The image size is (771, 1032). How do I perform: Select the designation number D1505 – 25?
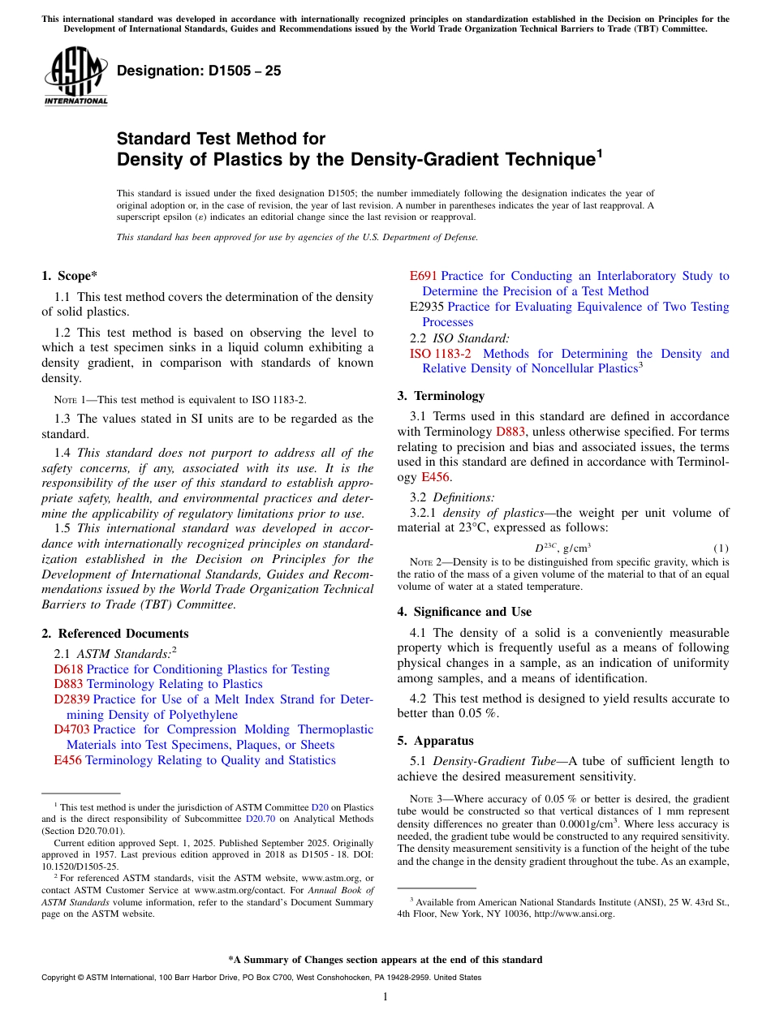pyautogui.click(x=199, y=71)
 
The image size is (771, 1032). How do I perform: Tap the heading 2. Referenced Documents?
pyautogui.click(x=114, y=634)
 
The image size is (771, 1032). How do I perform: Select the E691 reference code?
pyautogui.click(x=424, y=276)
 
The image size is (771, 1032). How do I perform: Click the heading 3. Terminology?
pyautogui.click(x=441, y=396)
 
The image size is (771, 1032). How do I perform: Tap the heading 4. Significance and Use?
pyautogui.click(x=464, y=612)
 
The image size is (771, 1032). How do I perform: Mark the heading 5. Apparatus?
pyautogui.click(x=435, y=741)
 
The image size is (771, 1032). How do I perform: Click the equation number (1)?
pyautogui.click(x=721, y=548)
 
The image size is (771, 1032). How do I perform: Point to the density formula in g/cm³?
pyautogui.click(x=562, y=548)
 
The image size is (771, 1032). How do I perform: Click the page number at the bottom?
pyautogui.click(x=385, y=997)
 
